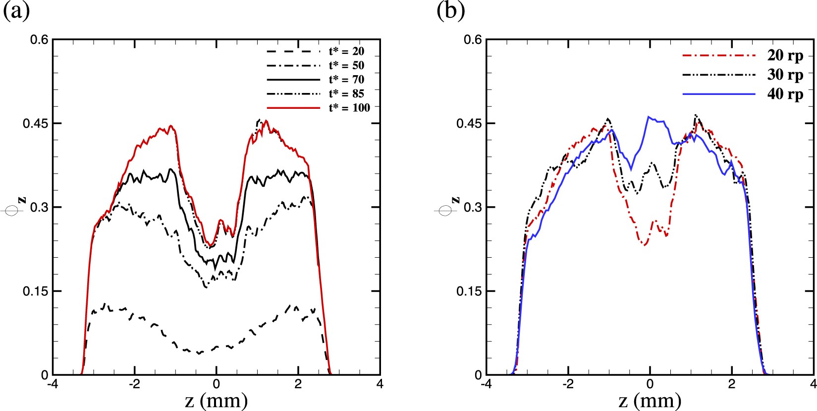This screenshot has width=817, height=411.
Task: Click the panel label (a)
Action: tap(16, 11)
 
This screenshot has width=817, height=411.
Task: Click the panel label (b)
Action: tap(450, 11)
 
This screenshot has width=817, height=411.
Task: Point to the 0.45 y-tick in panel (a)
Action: tap(36, 123)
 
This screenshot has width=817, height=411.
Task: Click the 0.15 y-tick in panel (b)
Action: tap(469, 291)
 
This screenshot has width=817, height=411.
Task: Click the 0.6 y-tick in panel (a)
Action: tap(39, 40)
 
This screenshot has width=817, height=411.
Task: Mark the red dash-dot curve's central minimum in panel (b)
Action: tap(645, 245)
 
